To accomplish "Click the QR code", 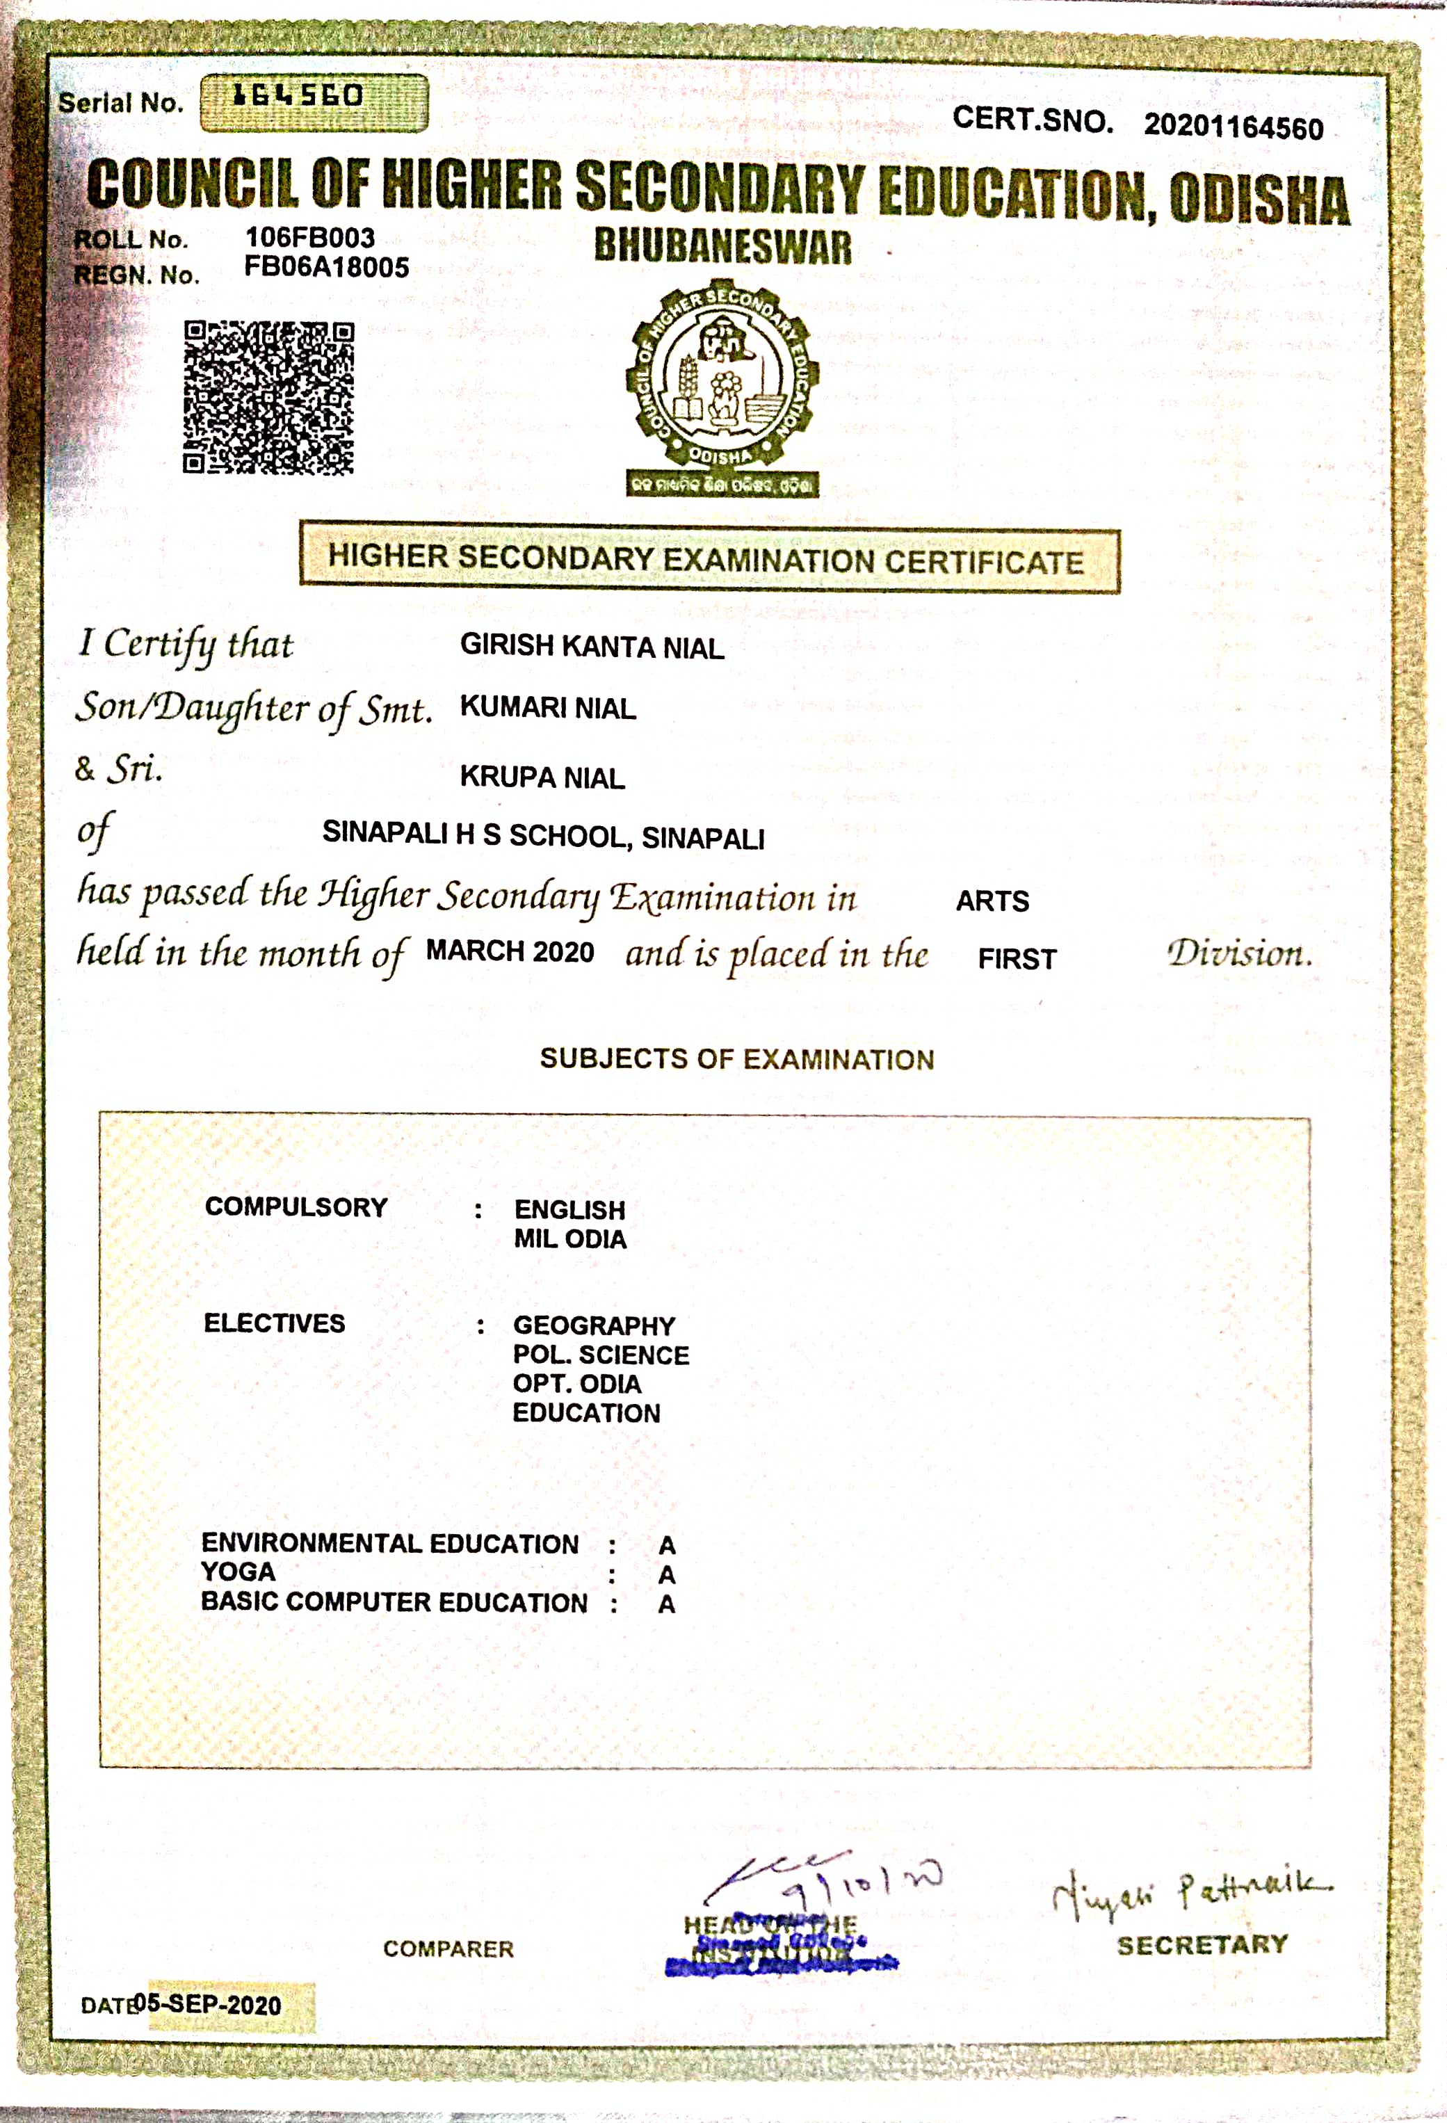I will coord(268,397).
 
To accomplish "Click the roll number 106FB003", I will coord(309,238).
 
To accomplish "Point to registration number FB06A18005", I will coord(326,268).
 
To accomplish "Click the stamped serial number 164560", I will coord(299,96).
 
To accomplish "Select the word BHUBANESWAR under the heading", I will coord(722,247).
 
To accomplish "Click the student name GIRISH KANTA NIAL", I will coord(592,647).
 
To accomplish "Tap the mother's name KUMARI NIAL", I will coord(548,708).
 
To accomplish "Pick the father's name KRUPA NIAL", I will coord(542,777).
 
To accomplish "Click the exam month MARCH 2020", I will coord(510,952).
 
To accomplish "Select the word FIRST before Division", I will coord(1017,959).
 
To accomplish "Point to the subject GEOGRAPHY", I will coord(594,1325).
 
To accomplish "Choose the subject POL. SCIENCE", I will coord(601,1355).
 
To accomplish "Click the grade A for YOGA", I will coord(667,1575).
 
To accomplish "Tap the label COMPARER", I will coord(448,1949).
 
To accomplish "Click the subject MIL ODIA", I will coord(570,1240).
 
